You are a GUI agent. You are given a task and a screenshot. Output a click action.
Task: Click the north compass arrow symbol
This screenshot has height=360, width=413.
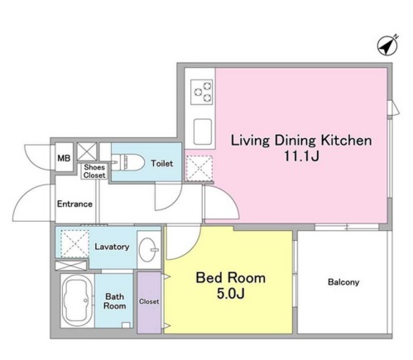coord(387,46)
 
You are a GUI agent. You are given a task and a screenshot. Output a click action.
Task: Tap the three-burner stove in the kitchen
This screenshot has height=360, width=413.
coord(202,93)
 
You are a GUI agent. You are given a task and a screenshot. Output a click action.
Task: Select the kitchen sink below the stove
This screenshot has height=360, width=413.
coord(203,132)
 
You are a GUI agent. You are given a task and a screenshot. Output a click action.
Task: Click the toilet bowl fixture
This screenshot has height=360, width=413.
coord(128,162)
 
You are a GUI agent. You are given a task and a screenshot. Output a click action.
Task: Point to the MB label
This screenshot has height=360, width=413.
coord(64,158)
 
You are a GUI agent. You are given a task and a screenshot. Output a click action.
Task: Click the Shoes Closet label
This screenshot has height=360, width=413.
coord(94,171)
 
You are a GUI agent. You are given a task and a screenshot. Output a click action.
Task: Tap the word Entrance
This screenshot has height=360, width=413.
coord(74,204)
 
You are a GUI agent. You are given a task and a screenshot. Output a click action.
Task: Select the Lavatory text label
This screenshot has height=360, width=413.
coord(112,247)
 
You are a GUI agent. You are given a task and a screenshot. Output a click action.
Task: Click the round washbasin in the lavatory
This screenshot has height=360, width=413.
coord(148,249)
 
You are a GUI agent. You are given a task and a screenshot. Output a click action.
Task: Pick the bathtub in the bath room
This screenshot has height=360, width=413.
coord(78,301)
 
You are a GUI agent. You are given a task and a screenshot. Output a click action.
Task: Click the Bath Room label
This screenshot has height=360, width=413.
coord(115,301)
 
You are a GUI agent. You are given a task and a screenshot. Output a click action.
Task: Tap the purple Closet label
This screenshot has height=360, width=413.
coord(149,301)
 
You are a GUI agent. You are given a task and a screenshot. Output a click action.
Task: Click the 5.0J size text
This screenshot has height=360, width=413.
coord(231,294)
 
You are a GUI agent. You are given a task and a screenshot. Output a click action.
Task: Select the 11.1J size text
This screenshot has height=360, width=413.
coord(301,156)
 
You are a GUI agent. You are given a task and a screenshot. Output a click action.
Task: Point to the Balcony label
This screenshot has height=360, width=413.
coord(343,282)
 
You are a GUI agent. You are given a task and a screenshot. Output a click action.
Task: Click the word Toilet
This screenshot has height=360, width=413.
coord(162,164)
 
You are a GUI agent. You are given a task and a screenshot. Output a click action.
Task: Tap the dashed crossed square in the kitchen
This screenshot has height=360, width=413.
coord(199,169)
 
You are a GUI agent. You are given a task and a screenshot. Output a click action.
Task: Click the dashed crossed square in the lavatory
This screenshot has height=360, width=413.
coord(74,243)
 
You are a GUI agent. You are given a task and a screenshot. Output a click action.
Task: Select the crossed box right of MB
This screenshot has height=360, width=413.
coord(87,151)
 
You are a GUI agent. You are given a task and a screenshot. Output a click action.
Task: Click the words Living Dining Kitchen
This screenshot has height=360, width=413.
coord(301,141)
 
